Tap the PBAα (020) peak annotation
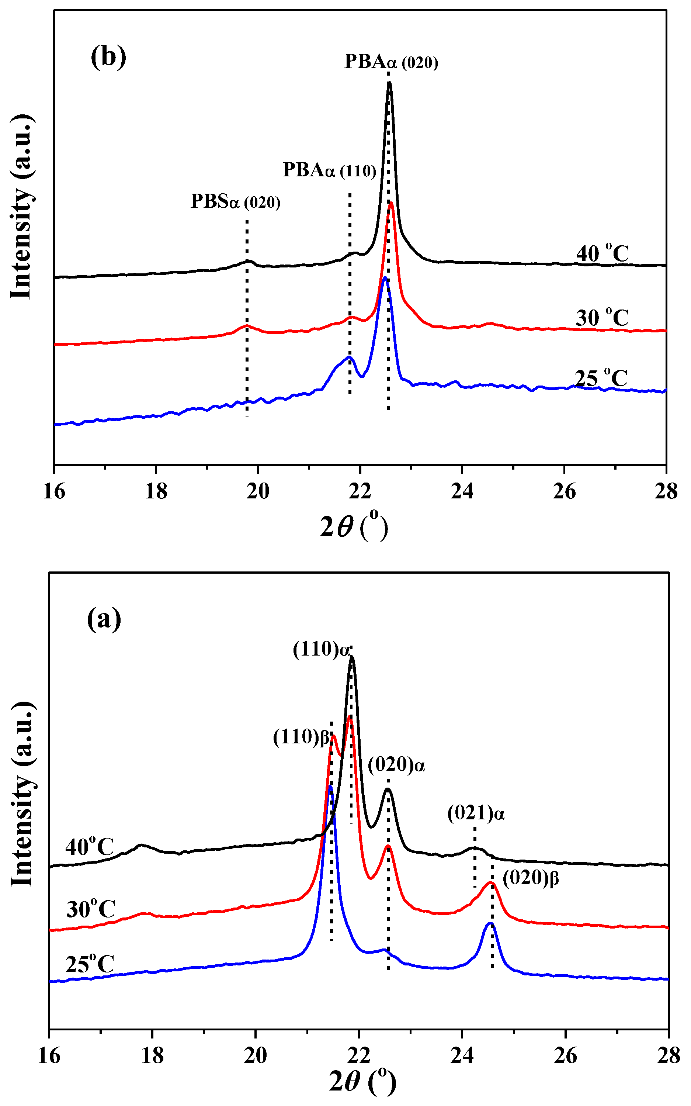391,62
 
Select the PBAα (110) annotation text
330,170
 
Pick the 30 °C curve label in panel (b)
603,317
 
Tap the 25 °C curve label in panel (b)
601,378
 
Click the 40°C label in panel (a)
90,847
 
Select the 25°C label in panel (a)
90,965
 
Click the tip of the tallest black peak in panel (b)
389,83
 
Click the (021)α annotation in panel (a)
476,814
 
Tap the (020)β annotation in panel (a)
531,878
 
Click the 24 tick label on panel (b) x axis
462,491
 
